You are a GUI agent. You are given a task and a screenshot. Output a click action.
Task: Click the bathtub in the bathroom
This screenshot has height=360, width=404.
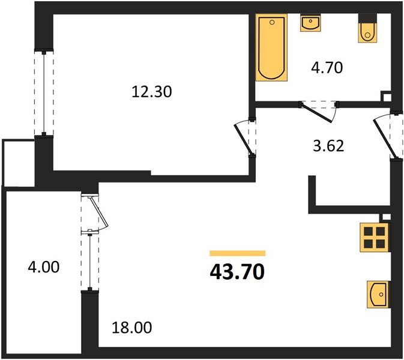271,48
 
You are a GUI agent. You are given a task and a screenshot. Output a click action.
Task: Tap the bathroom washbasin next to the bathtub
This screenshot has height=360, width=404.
310,23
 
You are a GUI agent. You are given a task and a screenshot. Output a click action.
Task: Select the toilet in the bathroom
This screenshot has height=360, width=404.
367,29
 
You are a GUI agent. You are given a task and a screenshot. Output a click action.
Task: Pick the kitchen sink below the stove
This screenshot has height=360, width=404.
376,294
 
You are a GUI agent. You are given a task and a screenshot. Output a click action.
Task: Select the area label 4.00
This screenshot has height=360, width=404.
44,266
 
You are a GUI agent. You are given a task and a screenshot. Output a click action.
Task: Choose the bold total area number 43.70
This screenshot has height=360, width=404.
237,272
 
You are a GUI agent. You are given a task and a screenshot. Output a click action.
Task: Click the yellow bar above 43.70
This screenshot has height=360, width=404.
237,253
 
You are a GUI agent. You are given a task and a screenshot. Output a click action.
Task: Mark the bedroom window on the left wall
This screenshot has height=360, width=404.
44,93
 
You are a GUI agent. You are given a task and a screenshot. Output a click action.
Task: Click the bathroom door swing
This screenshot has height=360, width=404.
319,110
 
